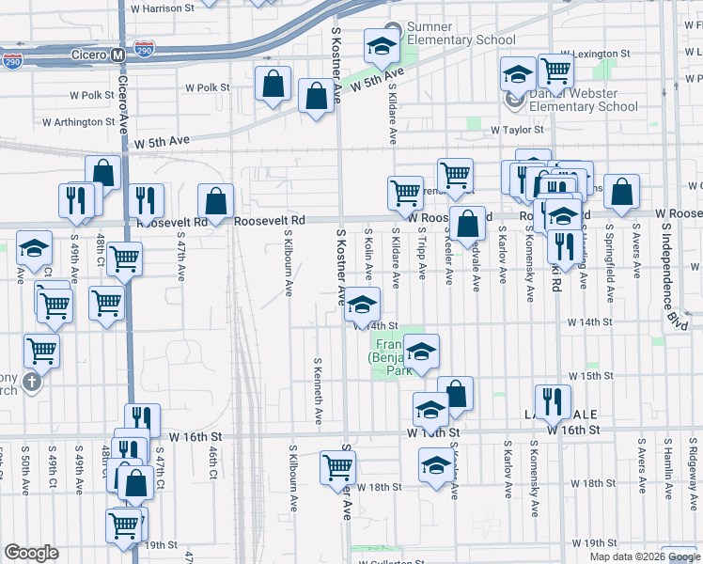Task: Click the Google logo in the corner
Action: coord(31,553)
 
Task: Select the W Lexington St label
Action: coord(593,54)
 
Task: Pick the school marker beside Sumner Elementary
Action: coord(381,45)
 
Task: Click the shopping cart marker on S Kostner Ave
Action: coord(337,466)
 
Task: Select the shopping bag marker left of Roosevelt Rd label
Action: coord(215,200)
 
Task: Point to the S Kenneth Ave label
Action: coord(318,389)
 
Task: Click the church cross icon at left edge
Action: coord(32,382)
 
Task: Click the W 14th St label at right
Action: coord(590,321)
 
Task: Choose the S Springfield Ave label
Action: coord(609,248)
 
